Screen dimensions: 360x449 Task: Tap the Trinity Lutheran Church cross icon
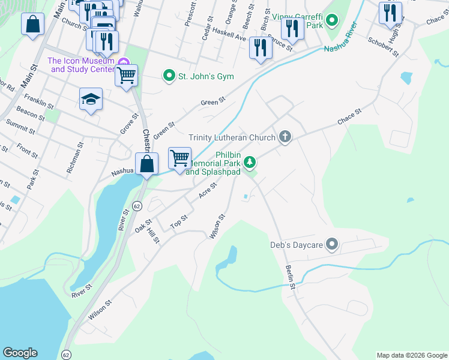[x=285, y=137]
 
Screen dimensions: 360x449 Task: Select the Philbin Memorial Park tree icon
[x=251, y=162]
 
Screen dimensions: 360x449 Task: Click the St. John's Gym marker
[x=169, y=76]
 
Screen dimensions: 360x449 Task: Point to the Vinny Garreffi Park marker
[x=331, y=24]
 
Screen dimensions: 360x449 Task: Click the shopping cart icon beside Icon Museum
[x=126, y=76]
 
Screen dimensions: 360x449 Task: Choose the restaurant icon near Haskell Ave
[x=260, y=48]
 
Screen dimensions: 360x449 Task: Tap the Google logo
[x=20, y=353]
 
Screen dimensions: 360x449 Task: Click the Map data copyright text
[x=411, y=355]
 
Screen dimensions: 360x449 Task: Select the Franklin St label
[x=39, y=100]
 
